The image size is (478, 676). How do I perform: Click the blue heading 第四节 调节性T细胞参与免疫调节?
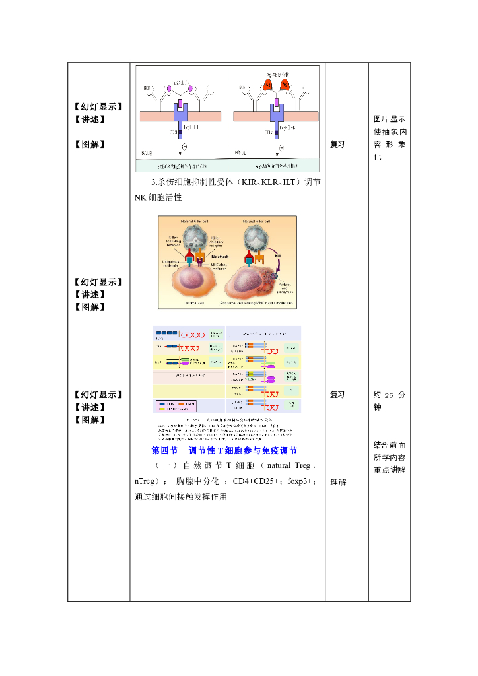[224, 451]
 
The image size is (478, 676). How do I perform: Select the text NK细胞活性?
[158, 197]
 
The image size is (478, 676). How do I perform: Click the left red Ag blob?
[268, 85]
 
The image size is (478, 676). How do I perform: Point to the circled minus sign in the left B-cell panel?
[185, 147]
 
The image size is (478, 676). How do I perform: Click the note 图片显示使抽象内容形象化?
[389, 138]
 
